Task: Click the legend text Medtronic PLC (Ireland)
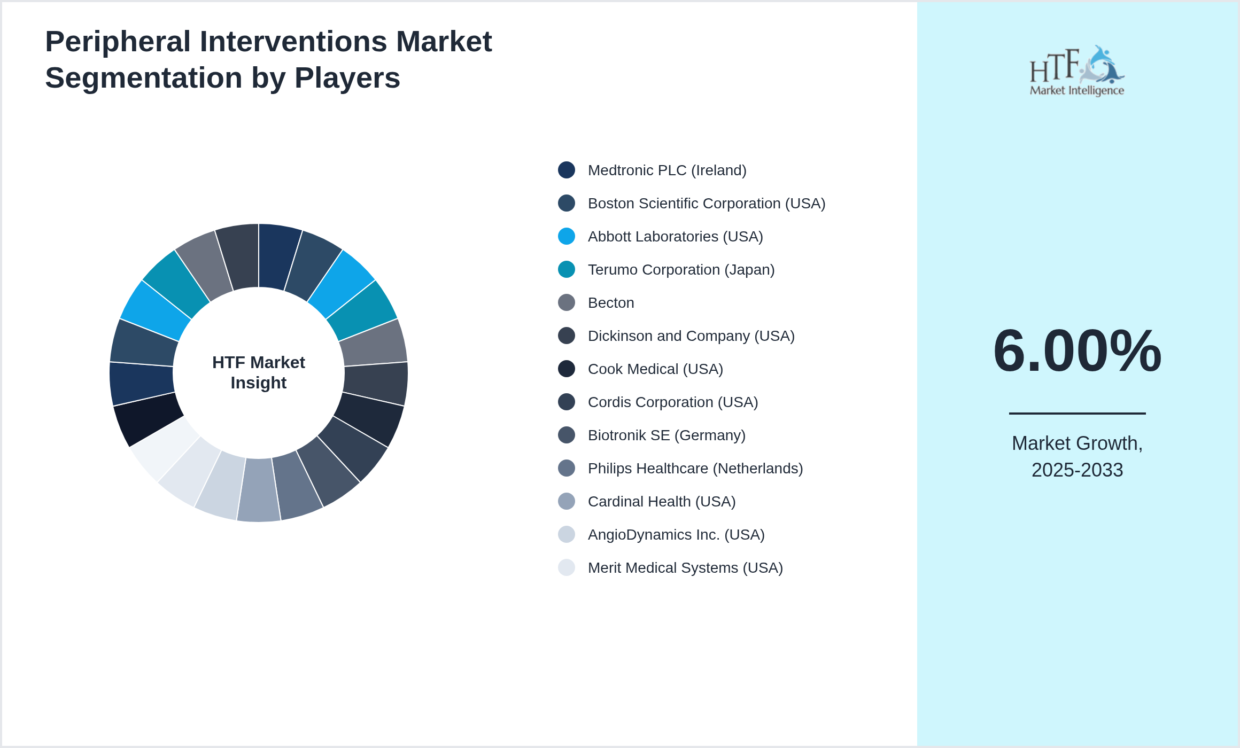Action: pos(666,170)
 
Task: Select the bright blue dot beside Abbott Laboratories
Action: pos(567,236)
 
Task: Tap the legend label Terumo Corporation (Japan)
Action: pos(681,270)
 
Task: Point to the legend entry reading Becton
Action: pos(610,303)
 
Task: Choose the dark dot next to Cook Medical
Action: pos(567,369)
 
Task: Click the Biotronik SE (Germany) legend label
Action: pos(666,435)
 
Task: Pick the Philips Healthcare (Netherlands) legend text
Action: pos(695,469)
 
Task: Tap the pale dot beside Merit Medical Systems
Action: pos(567,567)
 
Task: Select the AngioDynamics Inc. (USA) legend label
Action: pos(676,535)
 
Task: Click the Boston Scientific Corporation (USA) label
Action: pos(706,204)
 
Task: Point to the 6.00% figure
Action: pos(1077,351)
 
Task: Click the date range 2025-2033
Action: pos(1077,470)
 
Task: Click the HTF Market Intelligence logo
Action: pos(1077,71)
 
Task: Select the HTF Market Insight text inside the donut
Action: pos(259,372)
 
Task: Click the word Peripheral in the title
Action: pos(118,42)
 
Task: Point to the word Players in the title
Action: pos(347,78)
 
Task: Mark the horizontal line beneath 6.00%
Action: pos(1077,413)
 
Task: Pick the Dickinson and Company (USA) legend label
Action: pos(691,336)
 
